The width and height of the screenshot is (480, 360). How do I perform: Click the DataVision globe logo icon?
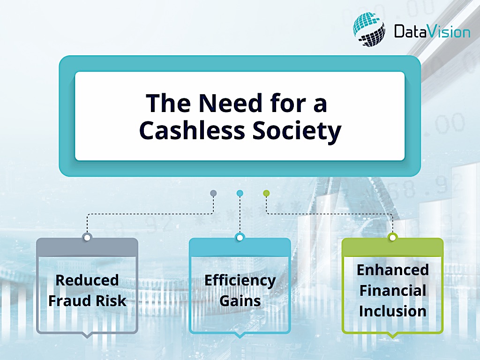coord(369,30)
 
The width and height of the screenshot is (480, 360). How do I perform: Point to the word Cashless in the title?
coord(192,130)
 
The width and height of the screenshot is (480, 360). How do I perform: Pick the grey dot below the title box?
coord(213,193)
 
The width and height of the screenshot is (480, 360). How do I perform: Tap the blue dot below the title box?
coord(240,193)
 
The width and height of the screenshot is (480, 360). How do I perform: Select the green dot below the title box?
coord(266,193)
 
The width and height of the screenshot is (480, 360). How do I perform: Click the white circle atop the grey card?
coord(87,238)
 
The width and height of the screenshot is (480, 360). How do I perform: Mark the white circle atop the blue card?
coord(240,238)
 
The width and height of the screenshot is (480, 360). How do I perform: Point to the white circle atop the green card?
coord(392,238)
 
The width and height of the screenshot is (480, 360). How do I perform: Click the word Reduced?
coord(87,280)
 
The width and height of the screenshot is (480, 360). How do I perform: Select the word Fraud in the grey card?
coord(70,300)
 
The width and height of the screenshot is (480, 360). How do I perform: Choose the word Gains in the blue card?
coord(240,300)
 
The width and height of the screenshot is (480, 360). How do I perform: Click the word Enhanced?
coord(393,270)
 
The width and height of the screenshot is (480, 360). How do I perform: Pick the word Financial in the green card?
coord(393,291)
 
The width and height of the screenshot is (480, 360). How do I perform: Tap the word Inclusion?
coord(393,311)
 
